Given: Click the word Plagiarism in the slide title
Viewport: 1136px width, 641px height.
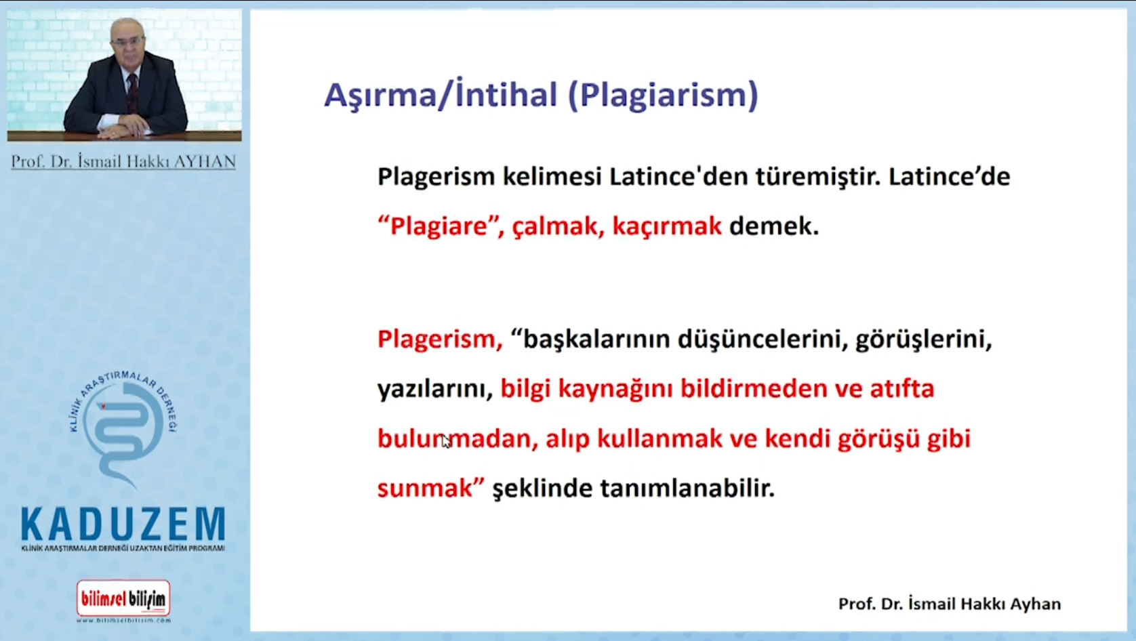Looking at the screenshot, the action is [664, 96].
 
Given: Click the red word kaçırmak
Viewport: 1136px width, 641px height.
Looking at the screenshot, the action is [667, 226].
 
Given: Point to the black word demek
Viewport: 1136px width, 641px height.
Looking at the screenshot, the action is [774, 226].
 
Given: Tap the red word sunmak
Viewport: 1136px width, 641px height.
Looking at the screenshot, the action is [425, 489].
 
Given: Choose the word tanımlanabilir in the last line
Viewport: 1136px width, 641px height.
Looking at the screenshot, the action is [687, 489].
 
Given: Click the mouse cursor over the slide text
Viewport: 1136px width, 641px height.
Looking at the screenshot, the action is [446, 441].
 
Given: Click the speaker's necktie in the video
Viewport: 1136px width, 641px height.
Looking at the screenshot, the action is [132, 94].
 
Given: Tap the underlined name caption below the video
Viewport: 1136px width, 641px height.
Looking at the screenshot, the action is [123, 161].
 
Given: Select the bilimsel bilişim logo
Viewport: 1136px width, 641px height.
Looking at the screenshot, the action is [123, 600].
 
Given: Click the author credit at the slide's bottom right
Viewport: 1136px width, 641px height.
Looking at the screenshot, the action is [950, 604].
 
